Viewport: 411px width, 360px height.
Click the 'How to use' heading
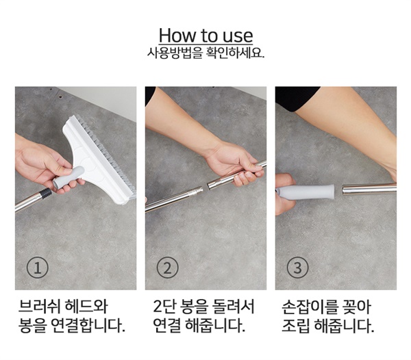[x=206, y=36]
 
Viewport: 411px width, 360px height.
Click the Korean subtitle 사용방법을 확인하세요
[x=206, y=53]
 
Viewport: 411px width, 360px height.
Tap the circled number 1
[x=38, y=268]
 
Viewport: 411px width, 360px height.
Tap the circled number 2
[x=168, y=268]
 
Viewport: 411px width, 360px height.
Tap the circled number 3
[x=297, y=268]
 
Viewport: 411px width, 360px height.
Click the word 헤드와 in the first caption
[x=87, y=306]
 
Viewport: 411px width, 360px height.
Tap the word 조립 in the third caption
[x=295, y=325]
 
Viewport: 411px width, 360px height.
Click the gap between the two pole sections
[x=205, y=188]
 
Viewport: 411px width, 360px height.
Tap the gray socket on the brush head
[x=68, y=178]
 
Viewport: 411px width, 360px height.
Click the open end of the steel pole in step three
[x=343, y=190]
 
